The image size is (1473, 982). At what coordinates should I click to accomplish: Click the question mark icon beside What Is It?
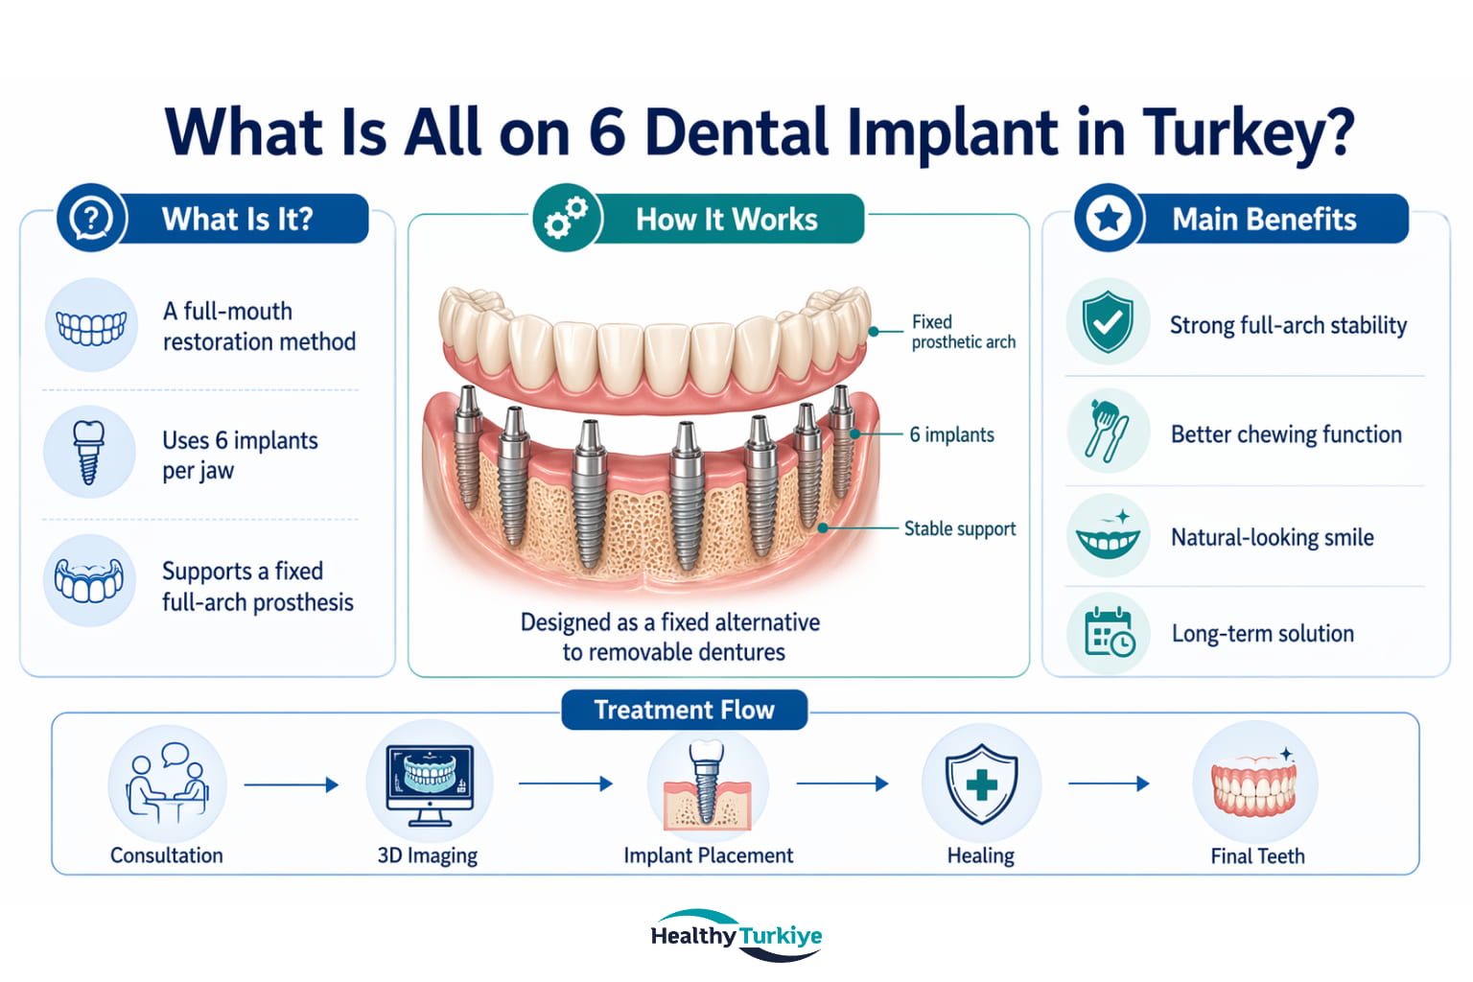click(x=91, y=219)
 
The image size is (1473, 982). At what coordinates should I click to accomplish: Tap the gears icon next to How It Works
click(x=567, y=219)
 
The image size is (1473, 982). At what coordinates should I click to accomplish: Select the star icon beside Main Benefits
click(x=1109, y=219)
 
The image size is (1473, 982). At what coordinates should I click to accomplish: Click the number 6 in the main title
click(x=607, y=132)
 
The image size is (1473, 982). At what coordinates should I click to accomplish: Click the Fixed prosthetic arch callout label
click(x=962, y=332)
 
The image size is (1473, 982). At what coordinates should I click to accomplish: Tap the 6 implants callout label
click(x=951, y=434)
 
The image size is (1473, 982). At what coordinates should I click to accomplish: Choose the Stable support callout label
click(x=959, y=528)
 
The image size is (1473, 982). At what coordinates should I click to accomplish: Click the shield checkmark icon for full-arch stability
click(x=1108, y=322)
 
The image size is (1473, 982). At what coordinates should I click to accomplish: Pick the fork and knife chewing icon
click(x=1108, y=432)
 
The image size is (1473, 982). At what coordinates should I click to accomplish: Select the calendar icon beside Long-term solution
click(x=1109, y=634)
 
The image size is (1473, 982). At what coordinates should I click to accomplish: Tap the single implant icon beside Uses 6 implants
click(x=89, y=451)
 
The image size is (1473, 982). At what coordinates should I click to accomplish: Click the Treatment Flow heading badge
click(x=684, y=710)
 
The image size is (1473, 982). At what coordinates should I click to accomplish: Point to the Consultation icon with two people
click(x=167, y=783)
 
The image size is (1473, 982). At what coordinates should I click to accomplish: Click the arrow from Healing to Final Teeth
click(x=1109, y=783)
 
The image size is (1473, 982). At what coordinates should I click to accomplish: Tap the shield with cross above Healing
click(x=981, y=783)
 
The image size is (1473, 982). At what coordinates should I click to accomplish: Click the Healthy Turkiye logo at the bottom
click(x=736, y=935)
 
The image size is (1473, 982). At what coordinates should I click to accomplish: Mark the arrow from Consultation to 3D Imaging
click(x=291, y=784)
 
